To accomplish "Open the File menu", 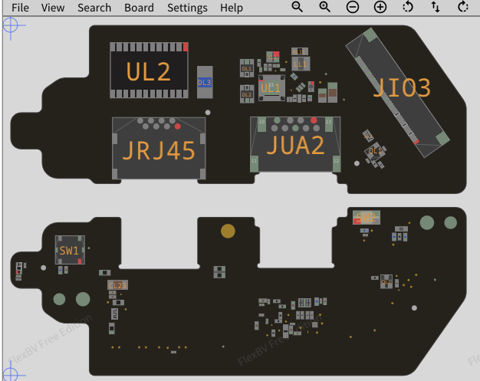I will tap(20, 8).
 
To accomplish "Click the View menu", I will tap(53, 8).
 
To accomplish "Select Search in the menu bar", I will tap(94, 8).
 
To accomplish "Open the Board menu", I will tap(139, 8).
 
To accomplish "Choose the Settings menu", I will tap(187, 8).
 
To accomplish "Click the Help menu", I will tap(232, 8).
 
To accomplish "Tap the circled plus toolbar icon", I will tap(380, 7).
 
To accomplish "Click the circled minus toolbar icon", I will tap(353, 7).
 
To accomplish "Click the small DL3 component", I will tap(204, 82).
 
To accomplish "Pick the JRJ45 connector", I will tap(159, 149).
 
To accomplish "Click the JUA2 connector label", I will tap(295, 144).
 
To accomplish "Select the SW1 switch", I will tap(70, 250).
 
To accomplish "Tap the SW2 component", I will tap(367, 217).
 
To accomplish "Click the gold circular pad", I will tap(228, 230).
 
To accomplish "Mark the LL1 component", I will tap(300, 64).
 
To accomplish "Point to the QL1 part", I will tap(373, 151).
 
